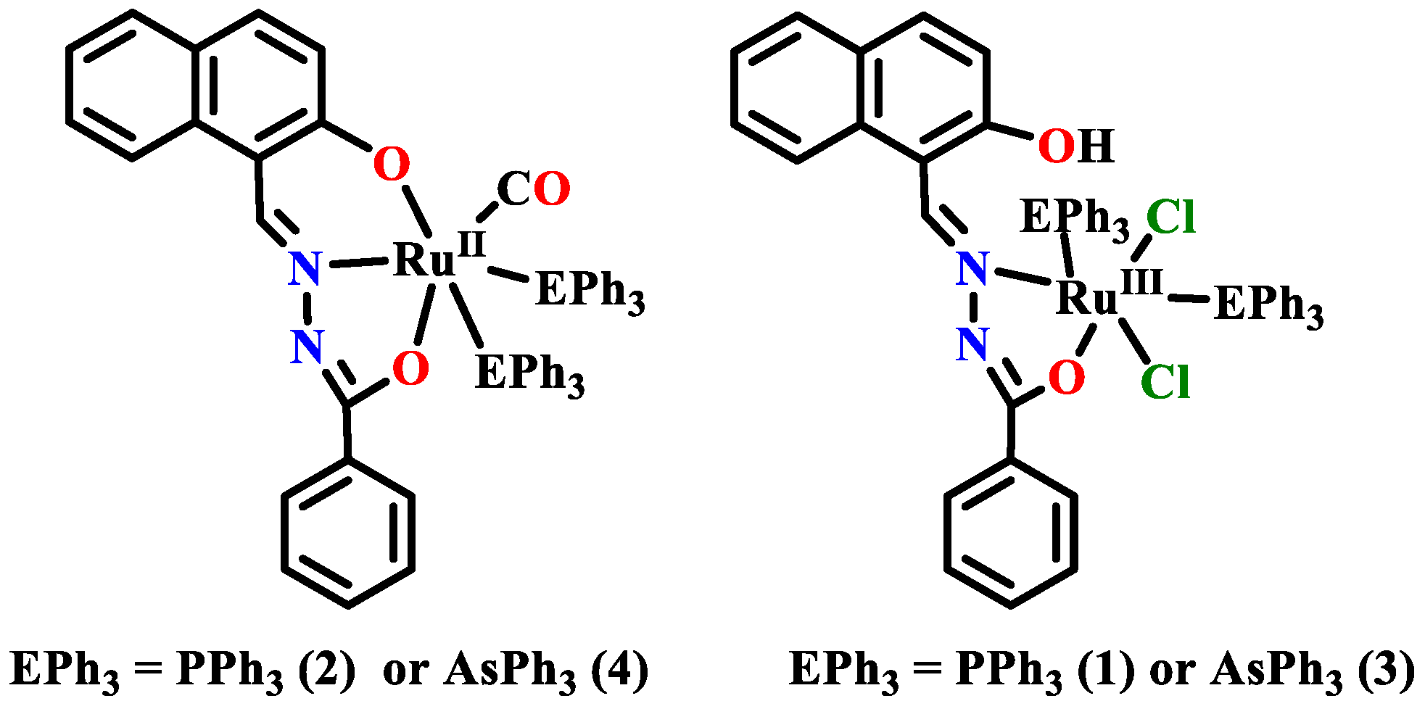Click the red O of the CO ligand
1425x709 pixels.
(552, 189)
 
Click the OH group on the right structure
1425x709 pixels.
(1075, 146)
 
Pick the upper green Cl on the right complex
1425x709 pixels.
(1170, 217)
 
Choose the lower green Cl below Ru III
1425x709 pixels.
(1165, 381)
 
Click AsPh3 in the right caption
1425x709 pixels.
(1276, 671)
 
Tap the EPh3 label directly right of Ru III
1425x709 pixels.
(1268, 305)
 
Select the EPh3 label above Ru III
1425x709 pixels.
(1074, 217)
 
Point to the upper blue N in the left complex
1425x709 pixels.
(305, 268)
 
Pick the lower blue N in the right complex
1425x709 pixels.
(972, 344)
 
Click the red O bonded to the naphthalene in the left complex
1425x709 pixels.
(392, 165)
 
